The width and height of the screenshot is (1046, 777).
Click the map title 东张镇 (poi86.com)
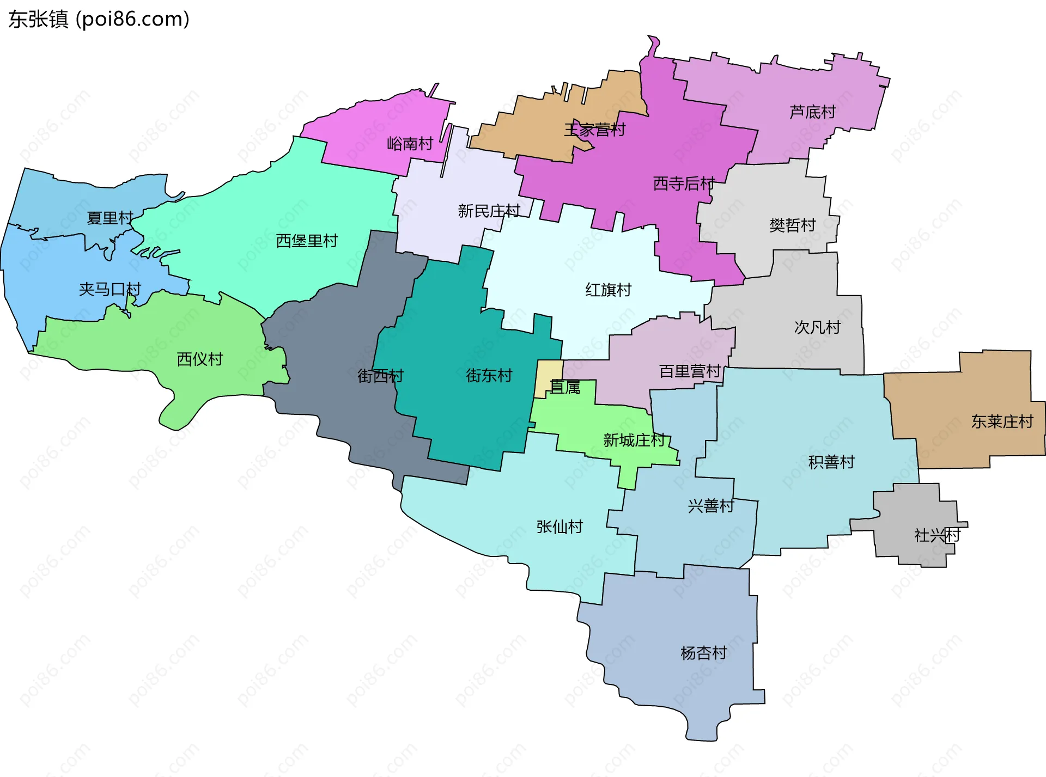(99, 19)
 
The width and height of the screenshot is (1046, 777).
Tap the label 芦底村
(812, 112)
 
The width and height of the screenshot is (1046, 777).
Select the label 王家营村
(594, 130)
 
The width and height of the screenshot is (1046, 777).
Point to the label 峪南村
(410, 144)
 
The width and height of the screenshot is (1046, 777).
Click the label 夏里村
(110, 218)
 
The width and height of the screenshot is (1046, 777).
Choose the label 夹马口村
(110, 289)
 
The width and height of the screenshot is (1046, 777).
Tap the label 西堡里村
(307, 241)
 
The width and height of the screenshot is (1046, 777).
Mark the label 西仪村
(200, 359)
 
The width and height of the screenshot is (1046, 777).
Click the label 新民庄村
(489, 211)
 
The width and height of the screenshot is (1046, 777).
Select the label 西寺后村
(684, 183)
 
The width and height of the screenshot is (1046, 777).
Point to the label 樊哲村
(793, 225)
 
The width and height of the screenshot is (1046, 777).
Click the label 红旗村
(608, 290)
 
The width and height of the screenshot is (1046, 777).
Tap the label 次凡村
(817, 327)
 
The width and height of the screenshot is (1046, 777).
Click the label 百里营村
(690, 371)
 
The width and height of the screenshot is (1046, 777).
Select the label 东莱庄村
(1002, 421)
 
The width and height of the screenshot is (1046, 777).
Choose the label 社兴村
(936, 535)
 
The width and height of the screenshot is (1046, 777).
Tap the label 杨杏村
(704, 653)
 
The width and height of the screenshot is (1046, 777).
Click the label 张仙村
(560, 527)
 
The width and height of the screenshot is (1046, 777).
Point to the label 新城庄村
(634, 440)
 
